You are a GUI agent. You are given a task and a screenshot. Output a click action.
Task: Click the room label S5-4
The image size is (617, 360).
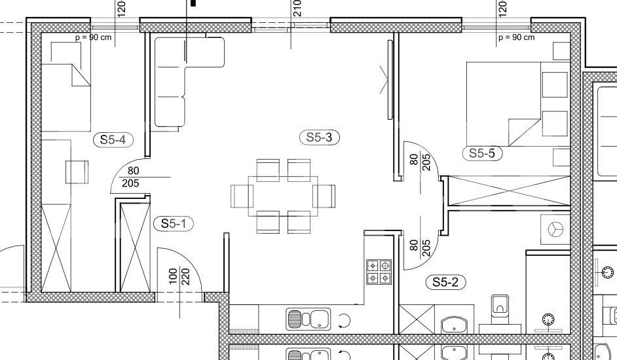coord(113,139)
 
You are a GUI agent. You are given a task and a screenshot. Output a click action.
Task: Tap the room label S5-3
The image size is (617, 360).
coord(319,137)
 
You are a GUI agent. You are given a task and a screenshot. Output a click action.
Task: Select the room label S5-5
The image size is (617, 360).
coord(483,153)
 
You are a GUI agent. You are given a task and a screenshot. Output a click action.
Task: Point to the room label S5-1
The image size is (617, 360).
coord(174,224)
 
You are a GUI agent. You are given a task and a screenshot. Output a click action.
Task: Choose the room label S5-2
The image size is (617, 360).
coord(445,282)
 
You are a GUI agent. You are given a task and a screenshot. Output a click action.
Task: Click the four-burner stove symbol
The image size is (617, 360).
coord(379,272)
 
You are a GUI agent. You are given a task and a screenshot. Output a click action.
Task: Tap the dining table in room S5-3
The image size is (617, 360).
coord(283,196)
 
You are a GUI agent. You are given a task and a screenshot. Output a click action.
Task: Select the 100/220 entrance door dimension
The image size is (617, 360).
coord(179,277)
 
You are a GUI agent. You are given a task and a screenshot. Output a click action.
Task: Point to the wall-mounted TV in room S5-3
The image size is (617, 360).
coord(390,79)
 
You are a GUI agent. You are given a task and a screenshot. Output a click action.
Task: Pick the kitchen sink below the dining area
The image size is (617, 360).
coord(309,319)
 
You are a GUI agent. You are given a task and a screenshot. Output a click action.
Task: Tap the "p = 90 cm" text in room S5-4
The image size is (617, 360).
coord(93,38)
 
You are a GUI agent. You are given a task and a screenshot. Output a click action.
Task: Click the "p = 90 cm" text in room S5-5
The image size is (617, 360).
coord(517,37)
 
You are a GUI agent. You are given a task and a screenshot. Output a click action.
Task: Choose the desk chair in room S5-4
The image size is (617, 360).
coord(77,172)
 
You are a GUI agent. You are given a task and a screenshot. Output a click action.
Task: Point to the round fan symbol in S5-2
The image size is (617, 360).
coord(555,229)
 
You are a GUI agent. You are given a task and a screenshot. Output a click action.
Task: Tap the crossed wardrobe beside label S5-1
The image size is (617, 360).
coord(134,247)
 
